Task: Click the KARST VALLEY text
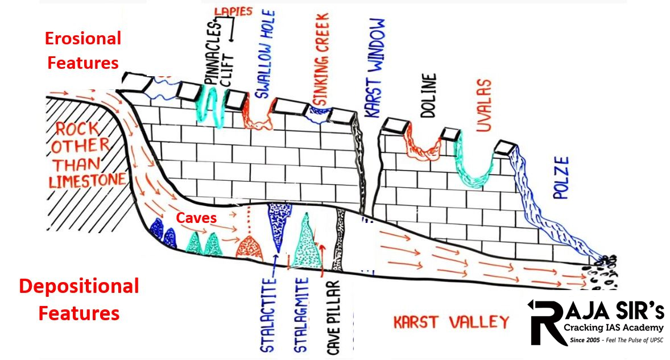pyautogui.click(x=451, y=322)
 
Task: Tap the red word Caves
pyautogui.click(x=195, y=217)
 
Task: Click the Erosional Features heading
pyautogui.click(x=83, y=50)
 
